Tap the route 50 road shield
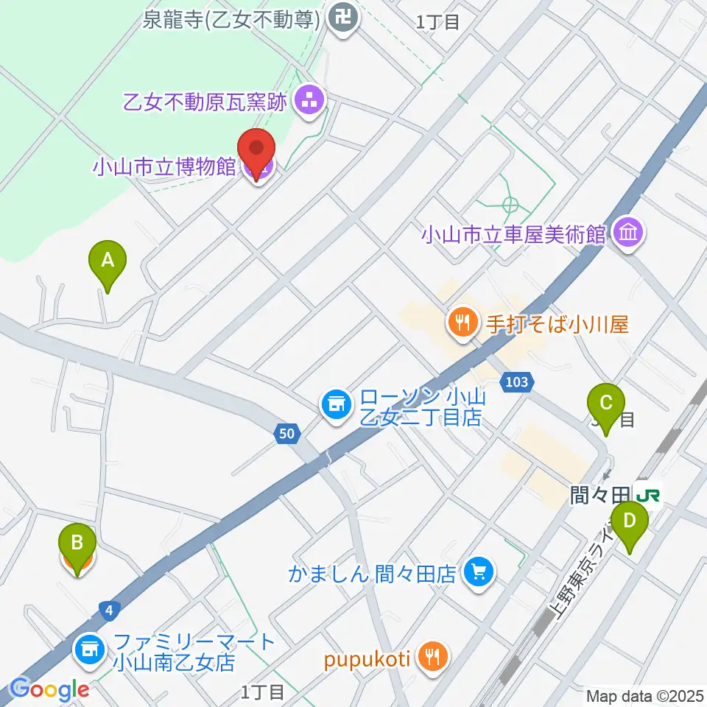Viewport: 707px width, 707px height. (x=287, y=434)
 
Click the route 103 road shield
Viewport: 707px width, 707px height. (x=516, y=381)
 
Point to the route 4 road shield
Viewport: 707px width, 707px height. (x=108, y=609)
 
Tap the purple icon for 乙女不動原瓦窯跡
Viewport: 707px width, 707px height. (x=309, y=102)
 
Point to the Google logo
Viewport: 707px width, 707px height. (x=50, y=689)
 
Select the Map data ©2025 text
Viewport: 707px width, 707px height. (x=645, y=696)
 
